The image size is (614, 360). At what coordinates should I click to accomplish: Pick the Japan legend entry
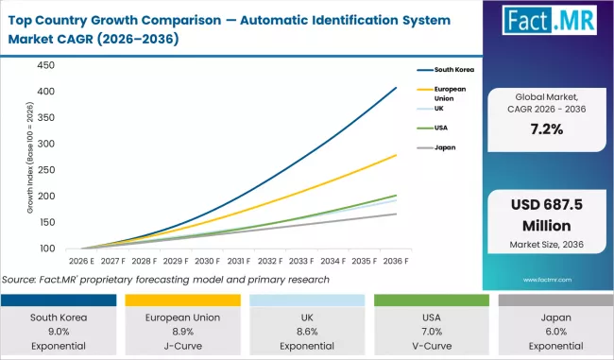(444, 148)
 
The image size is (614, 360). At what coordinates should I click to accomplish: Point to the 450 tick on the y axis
(44, 66)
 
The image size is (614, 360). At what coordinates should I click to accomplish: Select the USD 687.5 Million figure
(547, 216)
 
